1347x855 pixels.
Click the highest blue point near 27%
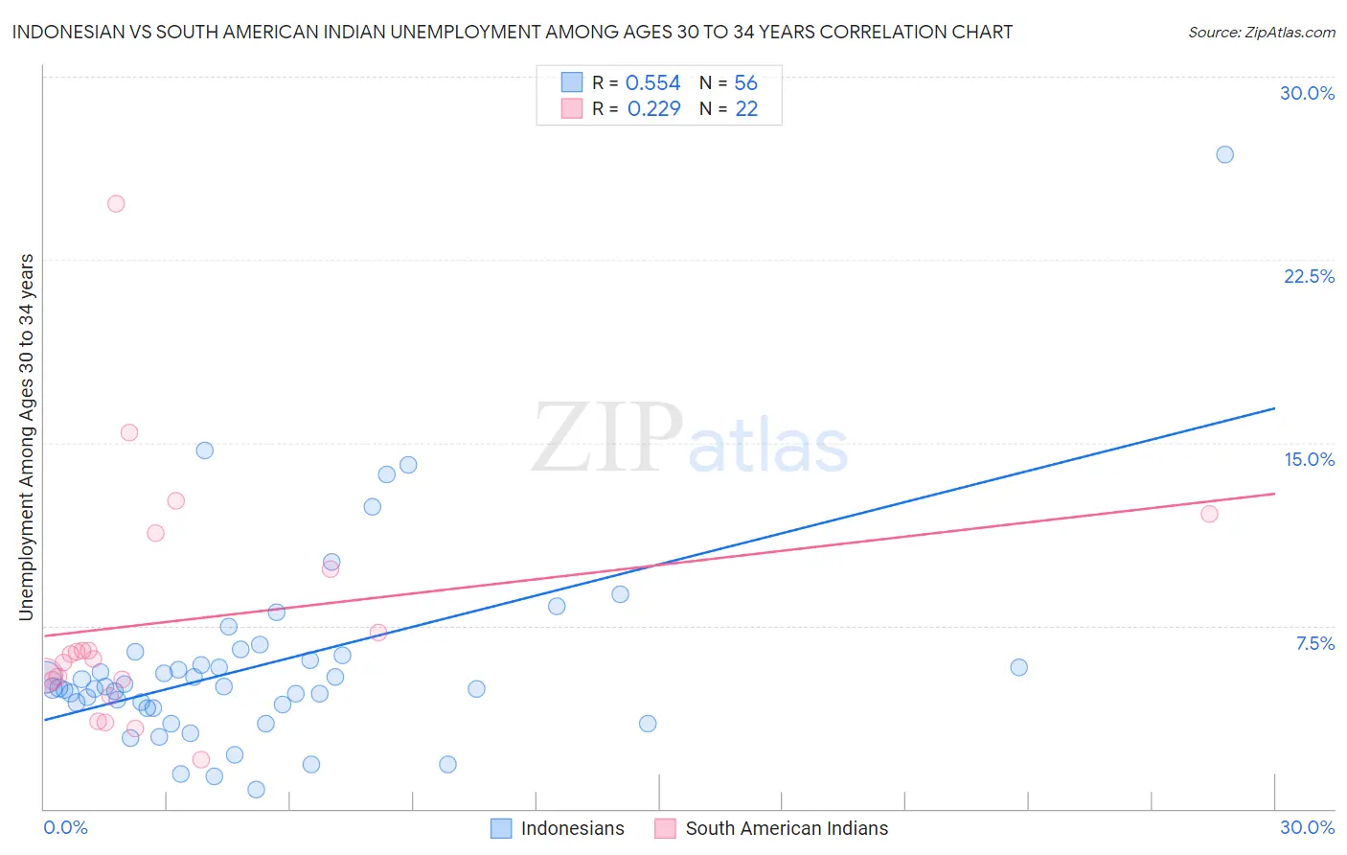pos(1224,154)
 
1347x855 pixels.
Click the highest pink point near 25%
pos(116,203)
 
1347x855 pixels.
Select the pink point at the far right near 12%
pos(1209,514)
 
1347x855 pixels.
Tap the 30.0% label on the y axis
pos(1307,93)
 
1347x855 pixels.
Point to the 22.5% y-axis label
pos(1309,276)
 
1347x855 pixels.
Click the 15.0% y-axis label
pos(1309,459)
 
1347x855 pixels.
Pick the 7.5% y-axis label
pos(1314,643)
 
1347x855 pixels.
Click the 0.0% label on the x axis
pos(65,827)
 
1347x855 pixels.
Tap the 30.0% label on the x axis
pos(1307,827)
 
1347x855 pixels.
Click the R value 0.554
pos(652,83)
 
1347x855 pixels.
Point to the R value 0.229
pos(653,108)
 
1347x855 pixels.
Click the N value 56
pos(745,83)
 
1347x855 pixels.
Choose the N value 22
pos(746,108)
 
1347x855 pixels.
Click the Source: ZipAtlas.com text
pos(1261,33)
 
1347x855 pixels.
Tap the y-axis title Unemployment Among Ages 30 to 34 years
pos(27,436)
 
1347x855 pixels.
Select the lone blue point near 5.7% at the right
pos(1018,667)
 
